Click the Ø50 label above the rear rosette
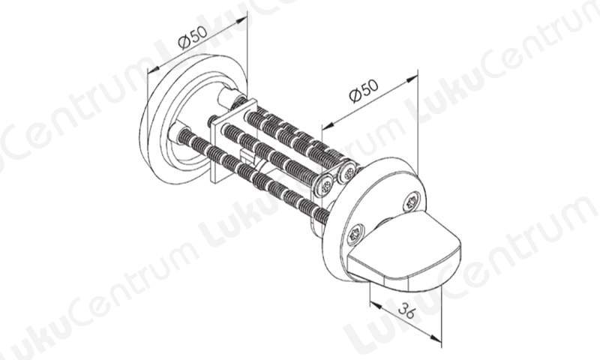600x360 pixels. (x=193, y=37)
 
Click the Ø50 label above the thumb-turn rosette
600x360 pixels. (x=364, y=91)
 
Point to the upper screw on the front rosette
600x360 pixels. (x=411, y=202)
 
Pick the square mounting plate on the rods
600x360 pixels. (x=233, y=142)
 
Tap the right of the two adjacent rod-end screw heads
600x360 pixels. (x=347, y=173)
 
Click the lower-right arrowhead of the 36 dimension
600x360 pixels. (x=436, y=337)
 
